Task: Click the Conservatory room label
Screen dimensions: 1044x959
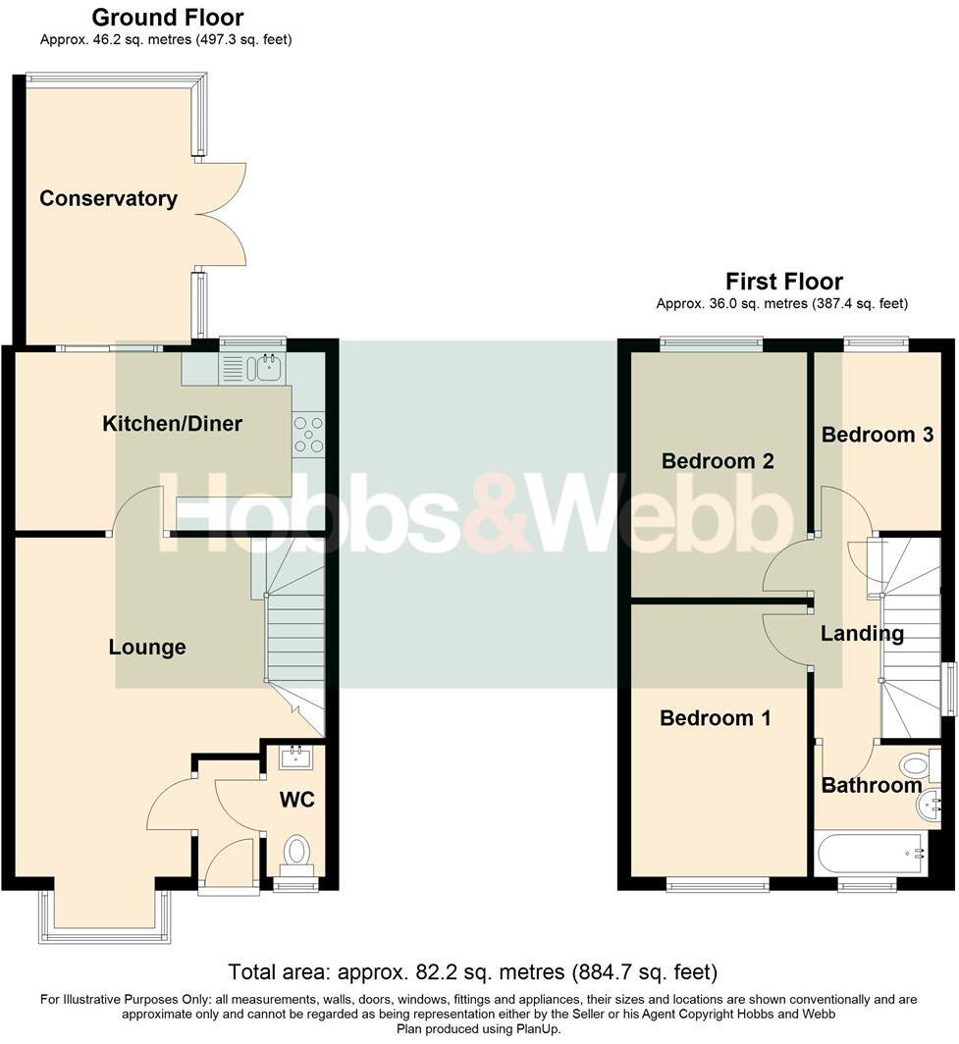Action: (108, 198)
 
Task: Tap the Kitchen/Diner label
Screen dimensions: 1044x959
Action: (172, 424)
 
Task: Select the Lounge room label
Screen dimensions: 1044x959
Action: (147, 648)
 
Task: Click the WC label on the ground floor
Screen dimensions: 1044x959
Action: (296, 800)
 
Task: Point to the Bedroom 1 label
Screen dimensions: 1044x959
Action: (715, 718)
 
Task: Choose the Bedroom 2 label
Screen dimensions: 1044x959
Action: (718, 461)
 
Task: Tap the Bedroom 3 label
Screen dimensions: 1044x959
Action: (877, 435)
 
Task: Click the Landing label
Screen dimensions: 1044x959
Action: (862, 634)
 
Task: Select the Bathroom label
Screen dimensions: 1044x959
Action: (871, 785)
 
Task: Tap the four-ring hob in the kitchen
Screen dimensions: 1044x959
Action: (308, 434)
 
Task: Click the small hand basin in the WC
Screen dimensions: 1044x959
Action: (296, 757)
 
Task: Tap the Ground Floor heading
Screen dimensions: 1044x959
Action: (167, 18)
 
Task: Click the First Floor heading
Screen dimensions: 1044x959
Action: (783, 283)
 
